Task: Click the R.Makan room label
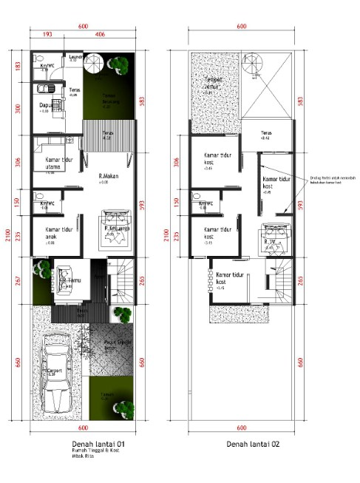[x=109, y=176]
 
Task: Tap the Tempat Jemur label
[x=214, y=84]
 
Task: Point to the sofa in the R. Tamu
[x=61, y=280]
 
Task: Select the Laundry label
[x=75, y=56]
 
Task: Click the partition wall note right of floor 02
[x=328, y=180]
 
